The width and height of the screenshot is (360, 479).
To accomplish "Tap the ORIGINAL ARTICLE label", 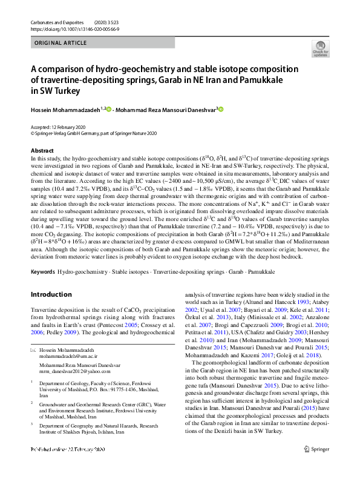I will (x=61, y=43).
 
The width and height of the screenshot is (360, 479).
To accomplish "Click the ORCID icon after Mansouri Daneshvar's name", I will (x=221, y=109).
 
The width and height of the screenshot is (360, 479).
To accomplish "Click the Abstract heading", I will (x=42, y=150).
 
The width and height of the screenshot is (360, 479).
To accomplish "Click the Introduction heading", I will (x=51, y=294).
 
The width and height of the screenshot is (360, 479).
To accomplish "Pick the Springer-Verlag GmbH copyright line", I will (x=93, y=133).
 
